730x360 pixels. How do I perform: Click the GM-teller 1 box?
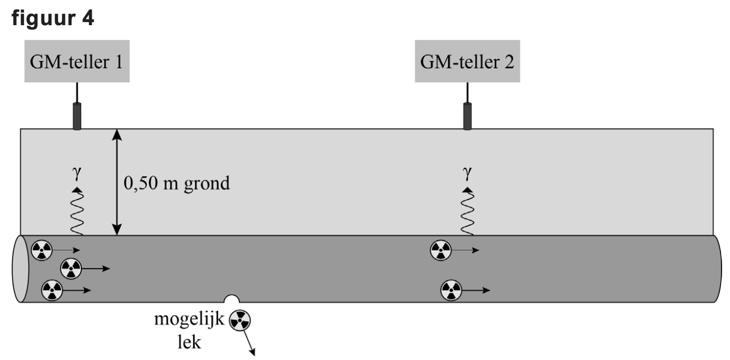[x=77, y=61]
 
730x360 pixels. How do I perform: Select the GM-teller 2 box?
[x=467, y=61]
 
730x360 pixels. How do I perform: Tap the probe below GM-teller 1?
[x=77, y=116]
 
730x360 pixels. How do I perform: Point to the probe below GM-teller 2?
[x=467, y=116]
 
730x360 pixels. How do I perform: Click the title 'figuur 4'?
[x=53, y=18]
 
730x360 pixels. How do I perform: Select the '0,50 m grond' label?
[x=177, y=183]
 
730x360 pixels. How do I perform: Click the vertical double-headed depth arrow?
[x=116, y=182]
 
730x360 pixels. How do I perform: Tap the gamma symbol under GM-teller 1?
[x=77, y=173]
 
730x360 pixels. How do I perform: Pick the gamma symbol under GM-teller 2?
[x=467, y=173]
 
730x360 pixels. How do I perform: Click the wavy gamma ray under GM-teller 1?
[x=77, y=211]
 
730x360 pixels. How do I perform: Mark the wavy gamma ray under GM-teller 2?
[x=467, y=211]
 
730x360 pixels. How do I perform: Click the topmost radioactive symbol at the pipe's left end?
[x=42, y=250]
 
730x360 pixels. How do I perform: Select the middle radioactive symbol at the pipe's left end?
[x=71, y=269]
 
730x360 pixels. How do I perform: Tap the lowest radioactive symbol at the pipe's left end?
[x=52, y=290]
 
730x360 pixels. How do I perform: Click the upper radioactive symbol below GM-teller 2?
[x=441, y=250]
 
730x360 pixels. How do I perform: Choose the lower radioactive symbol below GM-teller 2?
[x=452, y=290]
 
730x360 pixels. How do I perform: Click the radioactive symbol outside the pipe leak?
[x=240, y=320]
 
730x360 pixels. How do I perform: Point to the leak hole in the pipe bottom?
[x=232, y=299]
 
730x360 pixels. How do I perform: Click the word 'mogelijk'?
[x=189, y=320]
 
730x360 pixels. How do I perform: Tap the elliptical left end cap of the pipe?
[x=20, y=269]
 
